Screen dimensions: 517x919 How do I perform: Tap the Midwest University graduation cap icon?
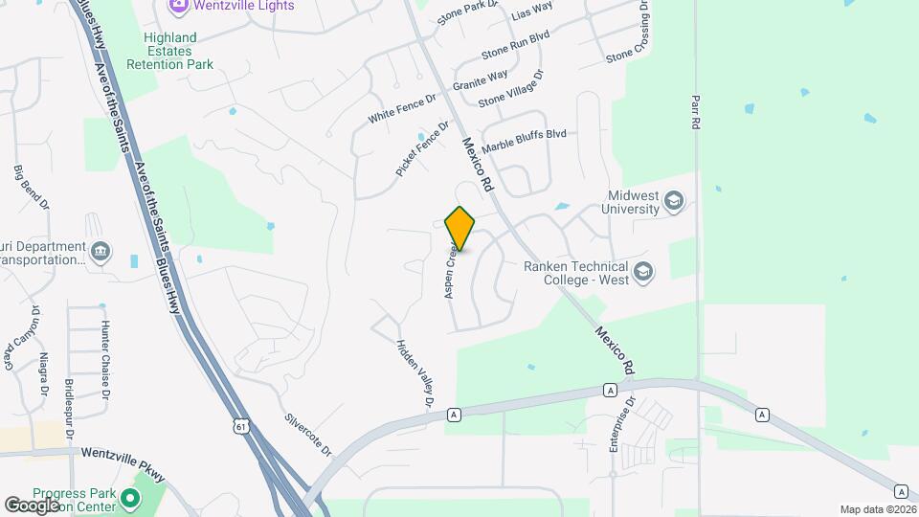(x=674, y=201)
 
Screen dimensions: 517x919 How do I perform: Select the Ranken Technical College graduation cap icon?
(x=643, y=273)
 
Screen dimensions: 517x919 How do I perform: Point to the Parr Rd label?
(x=696, y=112)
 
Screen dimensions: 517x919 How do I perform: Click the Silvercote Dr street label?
(x=308, y=434)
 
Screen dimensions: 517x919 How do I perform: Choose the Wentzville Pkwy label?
(x=123, y=455)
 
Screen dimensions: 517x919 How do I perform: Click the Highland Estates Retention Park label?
(x=170, y=51)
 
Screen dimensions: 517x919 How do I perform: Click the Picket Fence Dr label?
(x=422, y=148)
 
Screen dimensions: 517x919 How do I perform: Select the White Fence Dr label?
(x=402, y=106)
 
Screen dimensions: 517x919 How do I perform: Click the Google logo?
(x=32, y=505)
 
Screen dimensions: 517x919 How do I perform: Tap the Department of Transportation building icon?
(x=101, y=252)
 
